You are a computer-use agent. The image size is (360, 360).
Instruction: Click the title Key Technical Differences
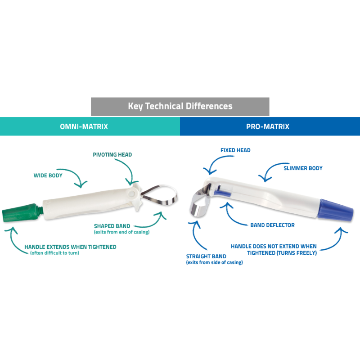click(x=180, y=107)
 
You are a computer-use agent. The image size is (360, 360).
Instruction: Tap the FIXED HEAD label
click(x=235, y=150)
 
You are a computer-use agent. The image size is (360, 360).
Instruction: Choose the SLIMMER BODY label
click(x=303, y=168)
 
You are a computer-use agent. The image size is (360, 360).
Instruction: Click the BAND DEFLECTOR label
click(x=273, y=225)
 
